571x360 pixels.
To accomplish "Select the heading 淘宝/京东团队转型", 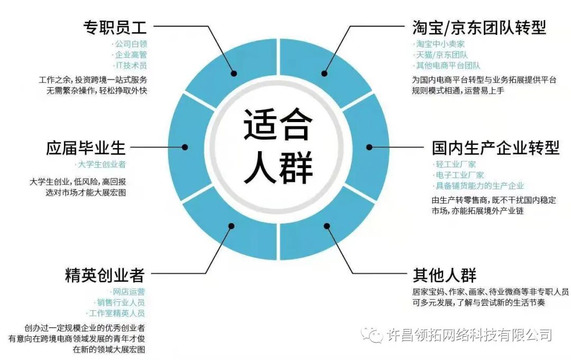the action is pyautogui.click(x=479, y=27).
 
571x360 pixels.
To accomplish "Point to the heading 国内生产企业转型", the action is pyautogui.click(x=495, y=147).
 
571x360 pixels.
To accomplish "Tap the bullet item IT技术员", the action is pyautogui.click(x=131, y=66).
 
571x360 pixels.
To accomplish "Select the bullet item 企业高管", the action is pyautogui.click(x=131, y=55).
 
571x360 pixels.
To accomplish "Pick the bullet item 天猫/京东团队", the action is pyautogui.click(x=441, y=55).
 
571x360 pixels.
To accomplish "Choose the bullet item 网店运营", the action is pyautogui.click(x=128, y=292).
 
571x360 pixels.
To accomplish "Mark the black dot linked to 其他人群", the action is pyautogui.click(x=327, y=226).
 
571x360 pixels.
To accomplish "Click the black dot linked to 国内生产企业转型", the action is pyautogui.click(x=370, y=147).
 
